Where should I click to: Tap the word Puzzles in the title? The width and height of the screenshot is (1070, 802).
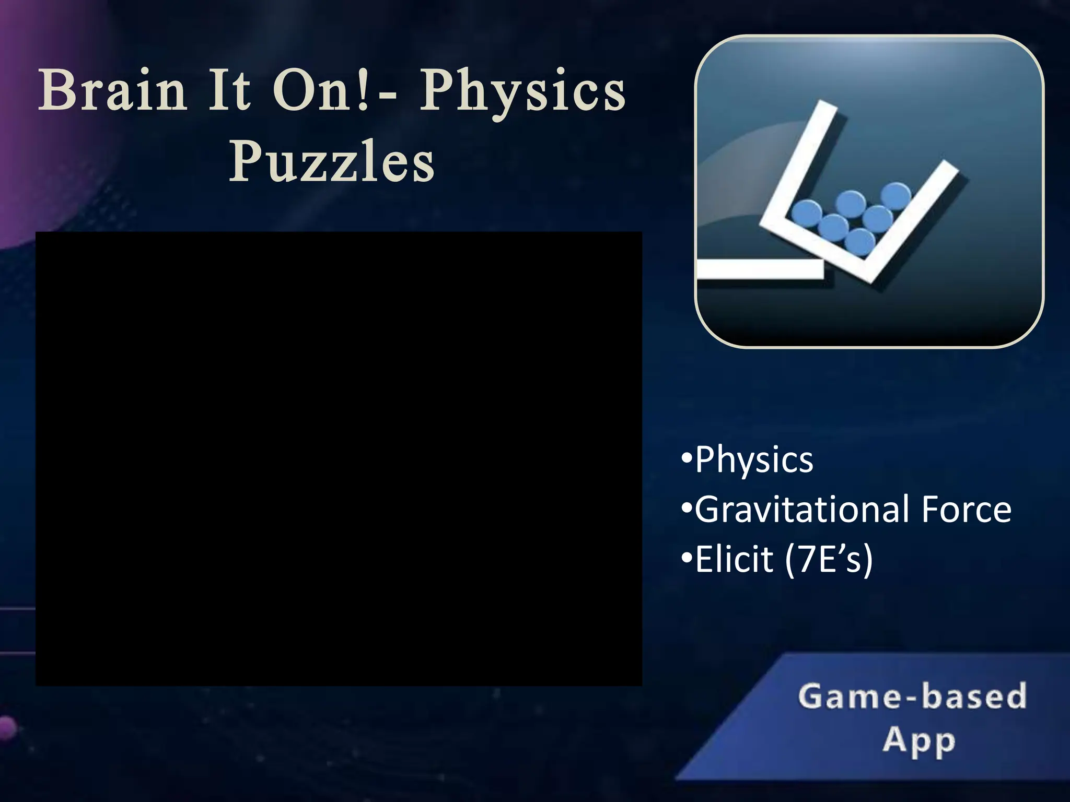click(332, 161)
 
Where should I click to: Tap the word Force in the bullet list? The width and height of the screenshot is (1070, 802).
click(966, 510)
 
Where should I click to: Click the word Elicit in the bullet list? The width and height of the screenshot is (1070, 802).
click(734, 559)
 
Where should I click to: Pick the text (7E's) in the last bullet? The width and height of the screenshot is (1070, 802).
click(829, 559)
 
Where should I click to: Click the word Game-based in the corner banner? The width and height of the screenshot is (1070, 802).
click(912, 697)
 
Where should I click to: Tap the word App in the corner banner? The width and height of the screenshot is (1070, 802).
click(920, 740)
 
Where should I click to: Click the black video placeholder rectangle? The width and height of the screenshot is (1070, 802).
click(339, 458)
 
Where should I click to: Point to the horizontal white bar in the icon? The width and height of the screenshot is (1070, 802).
click(760, 269)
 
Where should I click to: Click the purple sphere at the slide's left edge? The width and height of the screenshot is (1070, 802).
click(6, 728)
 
